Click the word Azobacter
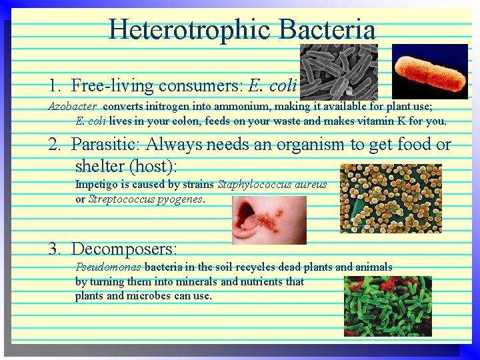(72, 106)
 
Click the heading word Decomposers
(123, 249)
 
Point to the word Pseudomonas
(108, 267)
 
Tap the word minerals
(197, 281)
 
